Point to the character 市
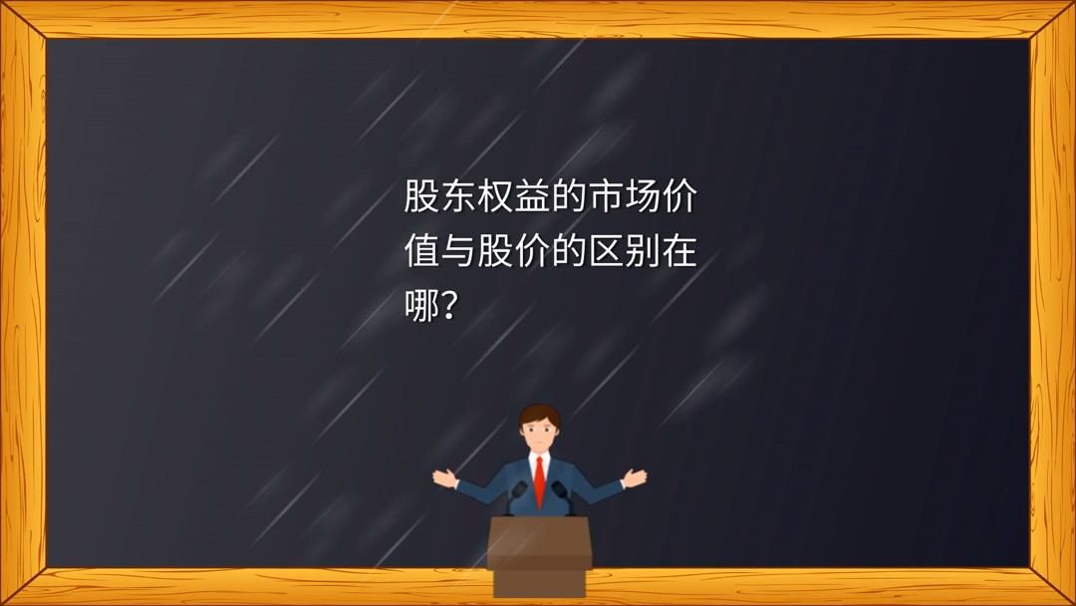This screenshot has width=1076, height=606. click(x=606, y=197)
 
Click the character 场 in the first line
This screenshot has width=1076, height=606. click(x=643, y=197)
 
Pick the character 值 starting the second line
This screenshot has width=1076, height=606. click(x=422, y=252)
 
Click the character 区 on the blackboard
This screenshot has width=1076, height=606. click(x=606, y=252)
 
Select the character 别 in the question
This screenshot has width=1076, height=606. click(x=643, y=252)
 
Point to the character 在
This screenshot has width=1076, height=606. click(x=679, y=252)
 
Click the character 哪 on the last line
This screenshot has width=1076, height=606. click(x=422, y=307)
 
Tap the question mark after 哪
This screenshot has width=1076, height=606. click(x=450, y=307)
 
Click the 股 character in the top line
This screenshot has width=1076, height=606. click(x=422, y=197)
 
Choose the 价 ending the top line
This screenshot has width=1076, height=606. click(x=679, y=197)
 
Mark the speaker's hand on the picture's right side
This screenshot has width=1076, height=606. click(x=635, y=476)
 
